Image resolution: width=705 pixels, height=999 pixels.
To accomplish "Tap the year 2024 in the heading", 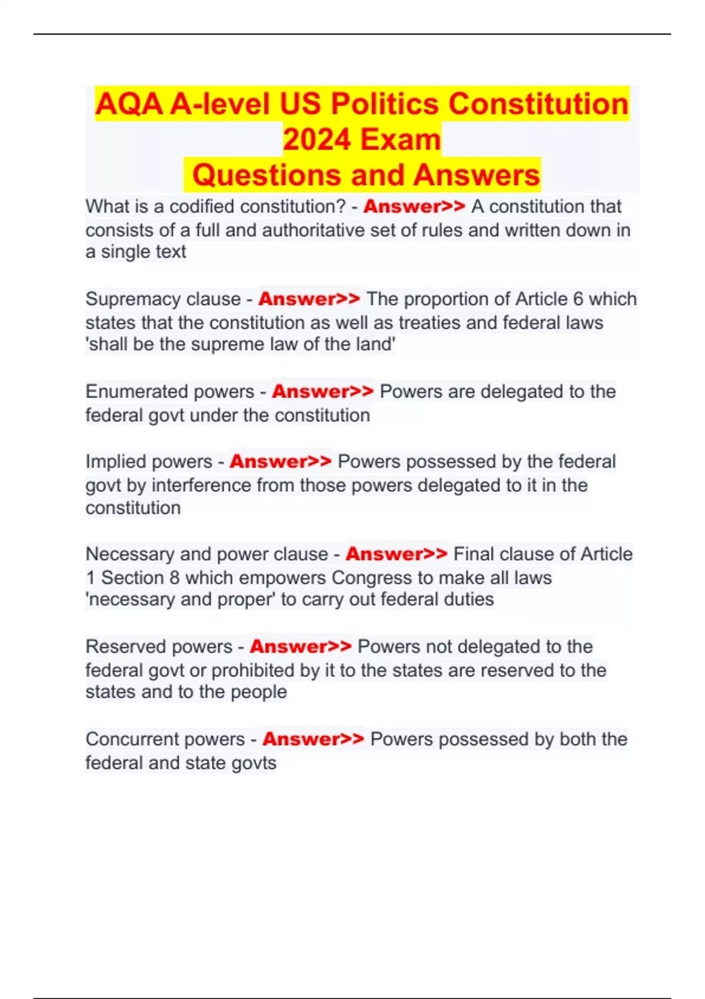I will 317,140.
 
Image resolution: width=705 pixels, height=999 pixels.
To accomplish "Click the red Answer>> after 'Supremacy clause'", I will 309,299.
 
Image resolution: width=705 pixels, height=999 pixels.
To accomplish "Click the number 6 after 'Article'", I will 578,299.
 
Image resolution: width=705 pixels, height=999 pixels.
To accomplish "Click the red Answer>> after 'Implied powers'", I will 280,461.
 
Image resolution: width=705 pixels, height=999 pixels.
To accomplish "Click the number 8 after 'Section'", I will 174,578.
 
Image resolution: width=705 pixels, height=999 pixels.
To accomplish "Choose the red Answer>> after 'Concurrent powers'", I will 313,739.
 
